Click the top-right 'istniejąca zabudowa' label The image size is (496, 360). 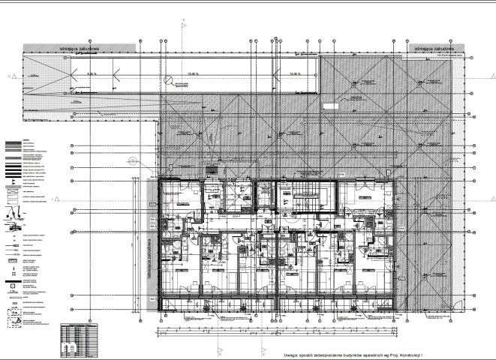(427, 48)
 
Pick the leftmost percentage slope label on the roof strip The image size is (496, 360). (92, 74)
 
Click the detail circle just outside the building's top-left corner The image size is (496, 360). (133, 159)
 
